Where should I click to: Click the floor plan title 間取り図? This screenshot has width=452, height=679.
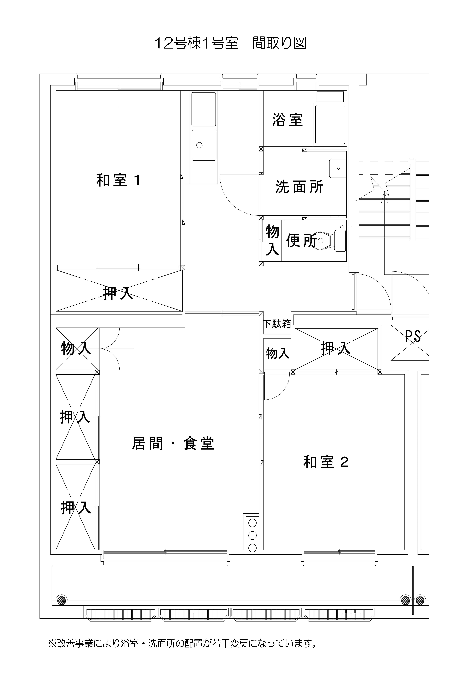(279, 43)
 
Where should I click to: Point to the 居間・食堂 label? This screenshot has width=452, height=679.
(173, 443)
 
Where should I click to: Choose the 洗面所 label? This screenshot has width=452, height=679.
(299, 187)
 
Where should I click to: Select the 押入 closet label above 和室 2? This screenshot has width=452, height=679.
(336, 348)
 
